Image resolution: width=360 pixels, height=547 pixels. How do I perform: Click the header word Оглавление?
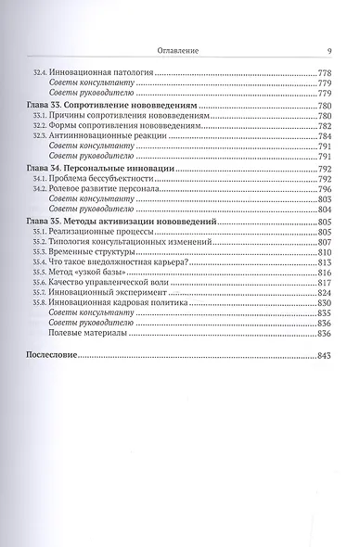pyautogui.click(x=181, y=52)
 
